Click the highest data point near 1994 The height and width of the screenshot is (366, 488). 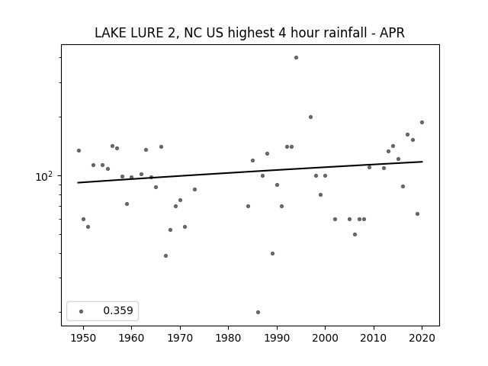pos(296,58)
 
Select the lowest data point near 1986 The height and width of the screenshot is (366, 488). pos(258,312)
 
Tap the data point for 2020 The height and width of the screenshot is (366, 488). pos(422,122)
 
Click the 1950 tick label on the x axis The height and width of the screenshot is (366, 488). pos(83,338)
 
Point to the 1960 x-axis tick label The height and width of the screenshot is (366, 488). pos(131,338)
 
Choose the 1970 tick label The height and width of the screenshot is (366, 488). pos(180,338)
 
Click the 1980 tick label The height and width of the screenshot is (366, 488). pos(228,338)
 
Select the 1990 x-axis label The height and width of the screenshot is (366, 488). pos(277,338)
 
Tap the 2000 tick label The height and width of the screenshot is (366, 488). pos(325,338)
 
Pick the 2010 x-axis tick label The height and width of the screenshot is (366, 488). pos(374,338)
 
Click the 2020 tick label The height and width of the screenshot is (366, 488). pos(422,338)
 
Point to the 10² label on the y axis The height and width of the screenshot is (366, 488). pos(44,176)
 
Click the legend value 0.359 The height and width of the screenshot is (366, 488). pos(118,310)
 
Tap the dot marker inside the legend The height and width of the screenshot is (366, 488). pos(82,311)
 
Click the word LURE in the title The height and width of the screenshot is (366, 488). pos(147,33)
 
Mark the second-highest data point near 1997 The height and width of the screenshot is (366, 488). pos(310,117)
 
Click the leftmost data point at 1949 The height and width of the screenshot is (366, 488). pos(79,151)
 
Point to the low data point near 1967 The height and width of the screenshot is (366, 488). pos(166,256)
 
